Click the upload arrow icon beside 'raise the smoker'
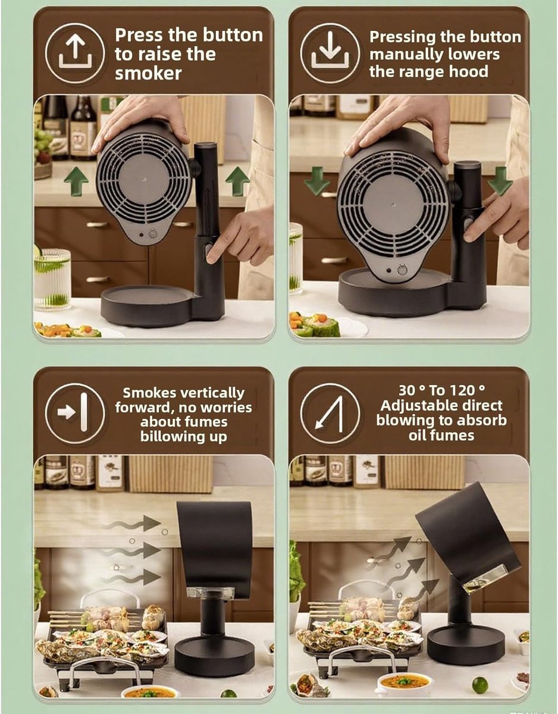point(75,53)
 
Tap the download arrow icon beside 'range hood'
point(330,53)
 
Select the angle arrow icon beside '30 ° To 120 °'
point(330,413)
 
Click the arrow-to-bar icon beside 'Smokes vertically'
point(75,413)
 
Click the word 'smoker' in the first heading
point(148,73)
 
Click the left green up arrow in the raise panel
point(76,181)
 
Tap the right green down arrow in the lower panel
point(500,181)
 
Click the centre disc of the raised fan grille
point(143,179)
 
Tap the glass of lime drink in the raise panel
point(52,279)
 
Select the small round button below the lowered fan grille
point(401,270)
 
